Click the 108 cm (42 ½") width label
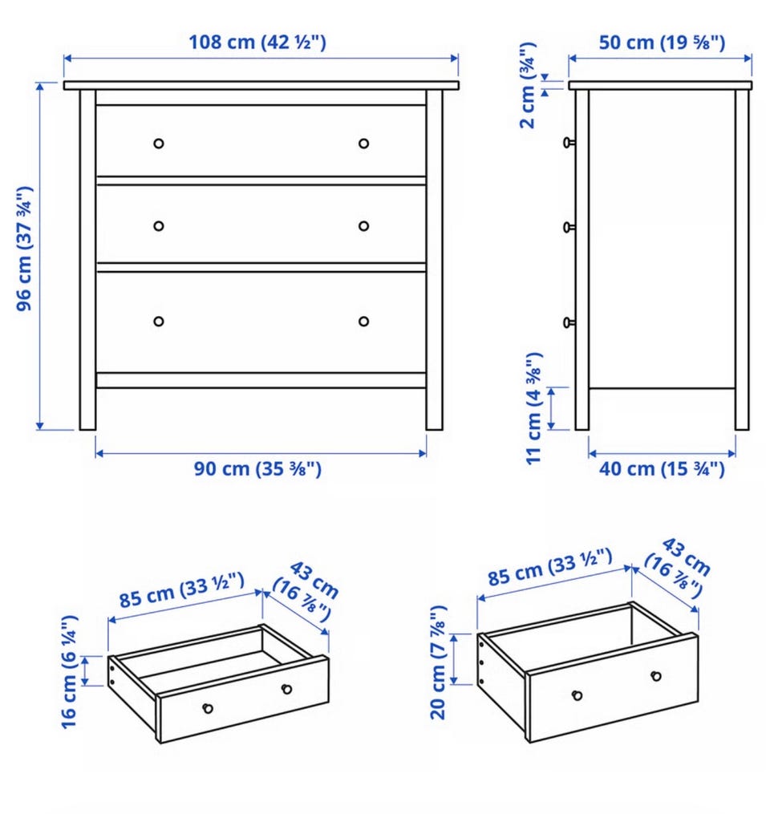coord(257,42)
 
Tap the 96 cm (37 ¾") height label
coord(24,249)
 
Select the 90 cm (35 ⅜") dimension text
coord(257,469)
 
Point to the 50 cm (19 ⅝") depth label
coord(662,43)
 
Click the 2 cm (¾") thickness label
coord(528,85)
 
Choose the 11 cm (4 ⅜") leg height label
coord(534,408)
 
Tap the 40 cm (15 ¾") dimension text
coord(662,469)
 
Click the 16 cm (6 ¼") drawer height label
coord(70,672)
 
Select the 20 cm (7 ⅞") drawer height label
coord(439,662)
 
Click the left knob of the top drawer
coord(159,144)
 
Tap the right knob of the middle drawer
coord(364,226)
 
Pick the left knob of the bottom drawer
coord(159,322)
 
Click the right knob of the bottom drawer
coord(364,322)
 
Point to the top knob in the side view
coord(569,142)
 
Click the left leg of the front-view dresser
coord(87,260)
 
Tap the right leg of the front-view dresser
coord(435,260)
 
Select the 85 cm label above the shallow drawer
coord(182,590)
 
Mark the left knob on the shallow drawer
coord(208,708)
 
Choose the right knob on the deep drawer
coord(656,676)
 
